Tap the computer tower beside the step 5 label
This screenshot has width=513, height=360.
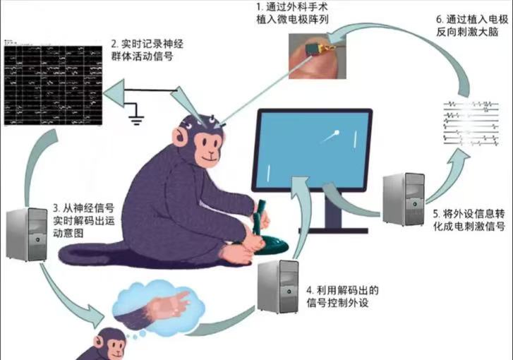click(402, 198)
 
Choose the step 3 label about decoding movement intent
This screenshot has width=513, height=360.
click(83, 220)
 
